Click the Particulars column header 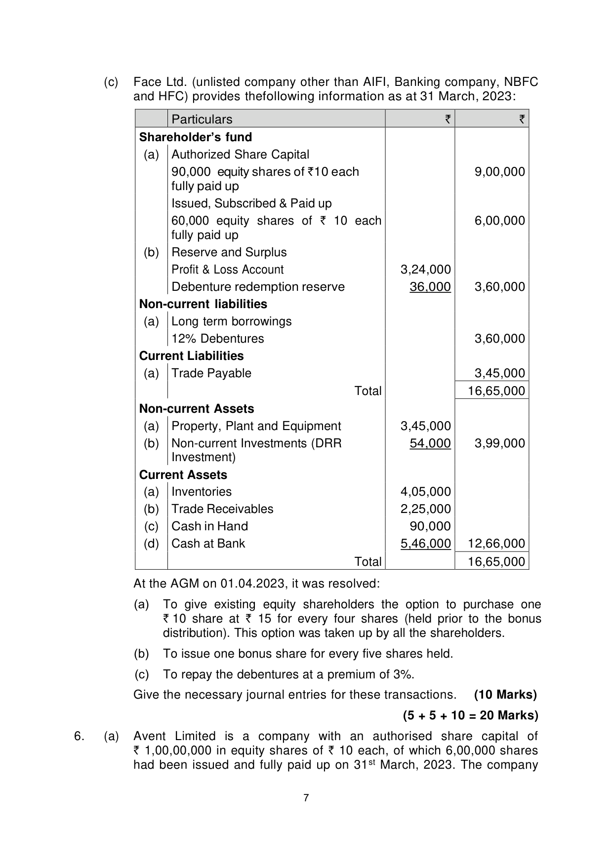202,119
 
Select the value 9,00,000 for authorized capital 499,172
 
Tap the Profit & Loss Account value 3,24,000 425,270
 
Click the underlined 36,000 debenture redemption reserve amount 430,287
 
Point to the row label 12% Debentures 217,339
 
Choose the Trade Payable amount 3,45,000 499,373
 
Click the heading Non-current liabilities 203,304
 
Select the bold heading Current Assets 183,475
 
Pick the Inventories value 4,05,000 425,492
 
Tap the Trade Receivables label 222,509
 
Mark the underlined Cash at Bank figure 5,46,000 425,544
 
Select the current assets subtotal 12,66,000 496,544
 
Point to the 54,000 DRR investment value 430,443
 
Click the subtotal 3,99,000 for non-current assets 499,443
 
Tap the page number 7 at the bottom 306,798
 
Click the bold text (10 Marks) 505,695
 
